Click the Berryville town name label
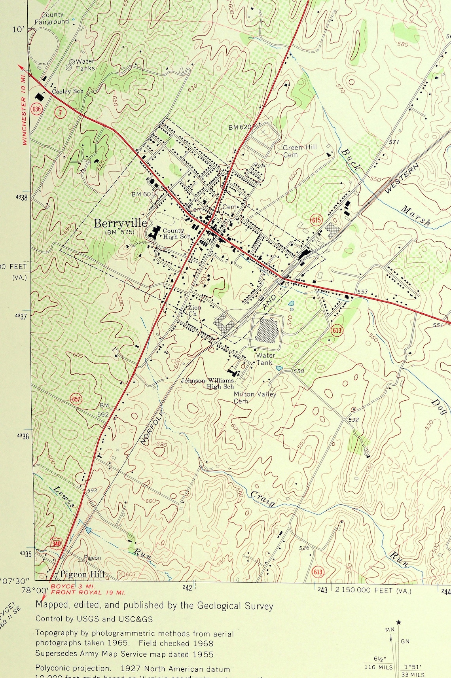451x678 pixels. pos(120,224)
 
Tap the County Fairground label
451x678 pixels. pos(51,18)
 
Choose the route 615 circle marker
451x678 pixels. pos(316,220)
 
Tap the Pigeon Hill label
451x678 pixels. pos(82,574)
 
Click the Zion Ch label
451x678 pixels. pos(194,311)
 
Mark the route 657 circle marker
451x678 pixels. pos(76,399)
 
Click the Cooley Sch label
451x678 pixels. pos(68,91)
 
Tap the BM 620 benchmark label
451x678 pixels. pos(240,127)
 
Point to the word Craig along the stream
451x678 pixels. pos(263,499)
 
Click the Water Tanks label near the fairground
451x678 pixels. pos(85,65)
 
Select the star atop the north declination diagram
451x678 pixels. pos(398,623)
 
